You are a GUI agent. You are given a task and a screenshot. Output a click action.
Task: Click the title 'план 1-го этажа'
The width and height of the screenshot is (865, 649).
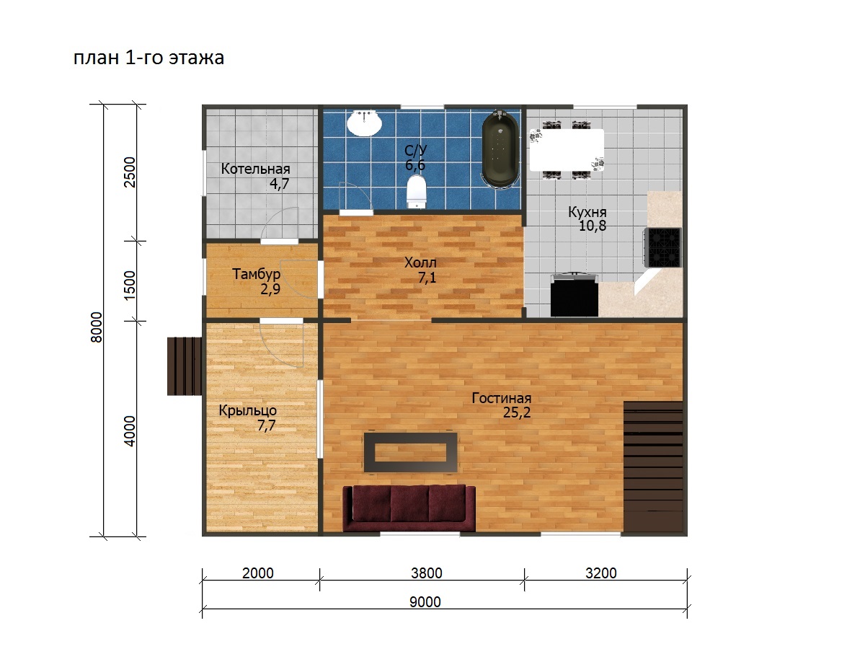[148, 58]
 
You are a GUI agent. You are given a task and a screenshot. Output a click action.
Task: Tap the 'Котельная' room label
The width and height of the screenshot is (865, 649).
[255, 169]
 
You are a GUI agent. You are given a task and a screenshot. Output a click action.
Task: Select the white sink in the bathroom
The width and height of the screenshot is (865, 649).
[364, 123]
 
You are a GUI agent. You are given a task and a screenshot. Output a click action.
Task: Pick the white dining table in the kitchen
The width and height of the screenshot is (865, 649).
[567, 150]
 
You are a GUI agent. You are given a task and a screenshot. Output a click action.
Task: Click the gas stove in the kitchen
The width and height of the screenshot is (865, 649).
[663, 247]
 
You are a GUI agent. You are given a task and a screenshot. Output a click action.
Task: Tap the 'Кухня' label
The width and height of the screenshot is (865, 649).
[587, 212]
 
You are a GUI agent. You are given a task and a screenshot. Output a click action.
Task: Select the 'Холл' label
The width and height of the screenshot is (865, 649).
[420, 262]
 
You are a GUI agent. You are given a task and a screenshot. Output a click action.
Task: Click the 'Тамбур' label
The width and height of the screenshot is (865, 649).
[256, 274]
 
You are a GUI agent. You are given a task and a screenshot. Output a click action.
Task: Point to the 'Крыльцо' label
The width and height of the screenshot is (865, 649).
[248, 410]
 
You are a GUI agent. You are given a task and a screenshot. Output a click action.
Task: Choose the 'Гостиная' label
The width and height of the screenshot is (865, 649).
[501, 398]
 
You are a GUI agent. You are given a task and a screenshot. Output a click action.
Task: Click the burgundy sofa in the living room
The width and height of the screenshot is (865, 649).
[409, 508]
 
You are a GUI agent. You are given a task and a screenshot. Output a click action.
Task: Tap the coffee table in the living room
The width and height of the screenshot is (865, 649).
[411, 452]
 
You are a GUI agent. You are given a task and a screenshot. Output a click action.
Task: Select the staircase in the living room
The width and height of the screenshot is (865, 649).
[653, 467]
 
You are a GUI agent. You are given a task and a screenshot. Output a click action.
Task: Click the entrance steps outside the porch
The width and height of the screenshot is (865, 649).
[185, 366]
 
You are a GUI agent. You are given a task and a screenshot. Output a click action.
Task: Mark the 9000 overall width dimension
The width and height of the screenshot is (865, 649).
[425, 601]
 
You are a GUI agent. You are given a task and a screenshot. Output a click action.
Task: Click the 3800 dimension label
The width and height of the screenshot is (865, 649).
[427, 573]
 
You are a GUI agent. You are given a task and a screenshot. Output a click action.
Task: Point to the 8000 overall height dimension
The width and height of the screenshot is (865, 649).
[96, 327]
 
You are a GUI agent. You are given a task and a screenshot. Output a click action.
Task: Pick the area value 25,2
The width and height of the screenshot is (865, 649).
[517, 413]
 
